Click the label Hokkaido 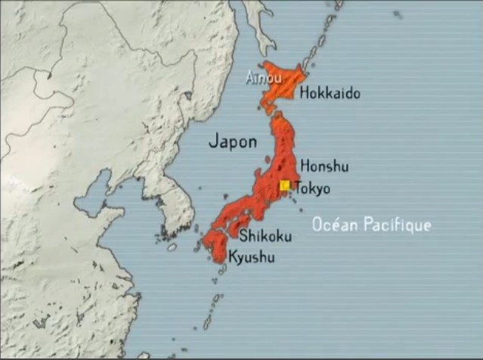coord(330,94)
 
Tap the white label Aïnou coord(259,78)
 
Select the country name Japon coord(232,141)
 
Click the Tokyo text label coord(311,188)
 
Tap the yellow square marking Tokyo coord(285,185)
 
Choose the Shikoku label coord(265,237)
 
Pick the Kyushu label coord(251,257)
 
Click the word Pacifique coord(397,225)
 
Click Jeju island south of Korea coord(172,247)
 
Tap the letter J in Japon coord(212,141)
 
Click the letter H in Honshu coord(305,166)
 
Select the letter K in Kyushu coord(232,257)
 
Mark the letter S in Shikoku coord(243,237)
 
